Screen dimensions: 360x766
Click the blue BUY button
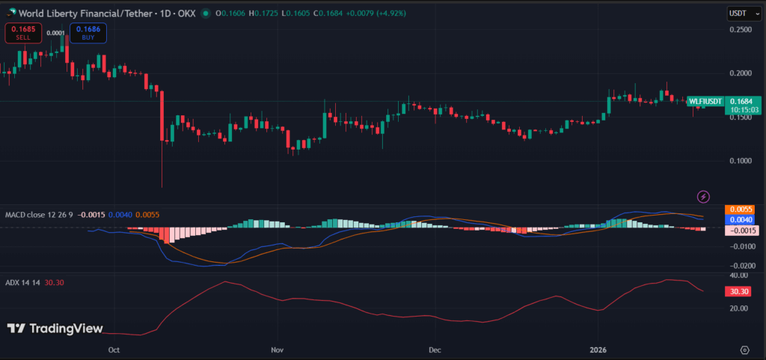pyautogui.click(x=88, y=33)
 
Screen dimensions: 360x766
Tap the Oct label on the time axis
pyautogui.click(x=114, y=350)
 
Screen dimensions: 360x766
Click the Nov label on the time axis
pyautogui.click(x=278, y=350)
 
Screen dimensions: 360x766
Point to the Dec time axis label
pyautogui.click(x=433, y=350)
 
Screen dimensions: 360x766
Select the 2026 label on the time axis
pyautogui.click(x=598, y=350)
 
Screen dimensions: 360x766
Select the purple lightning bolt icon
pyautogui.click(x=703, y=197)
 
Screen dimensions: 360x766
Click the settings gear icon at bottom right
pyautogui.click(x=744, y=350)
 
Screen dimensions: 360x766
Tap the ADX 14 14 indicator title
pyautogui.click(x=22, y=283)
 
